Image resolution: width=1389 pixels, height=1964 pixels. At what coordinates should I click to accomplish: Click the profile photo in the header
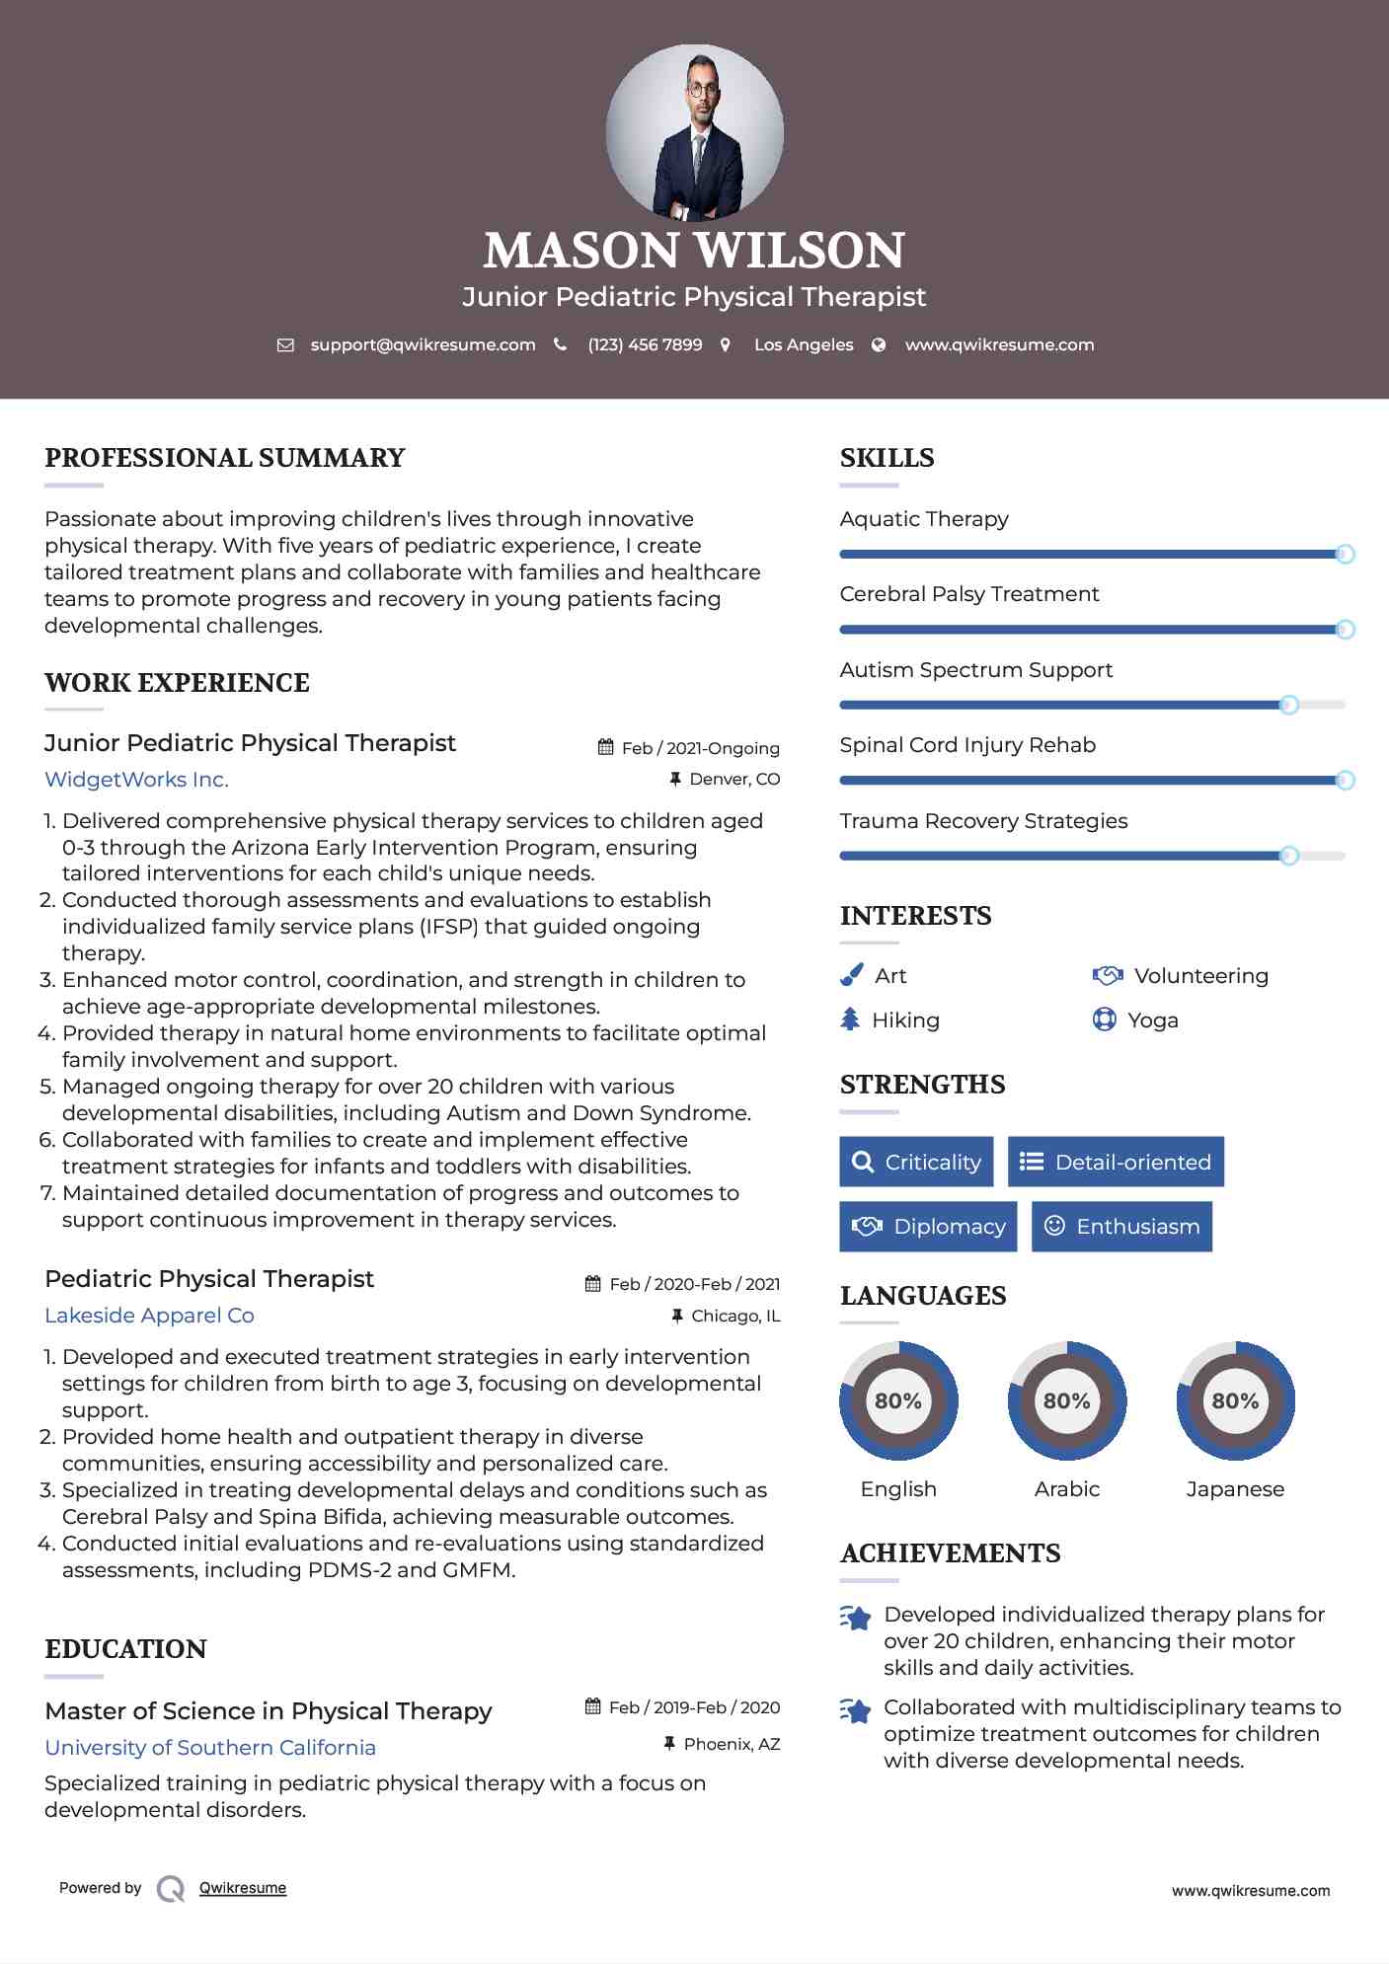click(x=694, y=132)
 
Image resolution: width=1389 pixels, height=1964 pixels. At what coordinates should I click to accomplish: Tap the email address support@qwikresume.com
click(x=423, y=344)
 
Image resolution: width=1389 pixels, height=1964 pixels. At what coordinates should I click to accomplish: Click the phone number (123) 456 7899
click(x=645, y=344)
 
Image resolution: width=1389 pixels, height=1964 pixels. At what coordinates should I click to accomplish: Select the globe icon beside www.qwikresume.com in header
click(x=879, y=344)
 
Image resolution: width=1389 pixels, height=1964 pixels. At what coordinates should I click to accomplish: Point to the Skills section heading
click(x=887, y=458)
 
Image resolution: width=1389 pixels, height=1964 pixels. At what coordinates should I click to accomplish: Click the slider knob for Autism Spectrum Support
click(x=1288, y=705)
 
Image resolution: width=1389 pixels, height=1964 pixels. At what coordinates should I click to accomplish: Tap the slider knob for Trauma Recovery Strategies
click(x=1288, y=856)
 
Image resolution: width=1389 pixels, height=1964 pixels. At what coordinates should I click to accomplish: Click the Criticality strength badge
click(x=916, y=1162)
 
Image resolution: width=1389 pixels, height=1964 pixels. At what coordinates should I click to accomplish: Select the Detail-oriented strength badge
click(x=1116, y=1162)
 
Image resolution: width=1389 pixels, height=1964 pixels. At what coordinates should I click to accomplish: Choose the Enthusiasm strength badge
click(x=1121, y=1226)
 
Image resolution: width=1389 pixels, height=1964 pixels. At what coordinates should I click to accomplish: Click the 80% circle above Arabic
click(x=1066, y=1400)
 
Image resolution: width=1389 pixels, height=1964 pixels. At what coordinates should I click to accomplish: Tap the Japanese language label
click(x=1235, y=1488)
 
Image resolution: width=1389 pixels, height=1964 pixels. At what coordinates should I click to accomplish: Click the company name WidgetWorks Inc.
click(x=136, y=780)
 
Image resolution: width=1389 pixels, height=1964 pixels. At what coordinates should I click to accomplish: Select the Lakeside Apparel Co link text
click(x=149, y=1316)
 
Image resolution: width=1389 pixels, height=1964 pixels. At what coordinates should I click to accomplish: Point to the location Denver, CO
click(x=733, y=779)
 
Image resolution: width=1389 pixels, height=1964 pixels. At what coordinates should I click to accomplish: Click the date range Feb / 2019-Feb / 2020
click(x=694, y=1707)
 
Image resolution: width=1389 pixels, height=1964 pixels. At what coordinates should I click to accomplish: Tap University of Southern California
click(x=210, y=1747)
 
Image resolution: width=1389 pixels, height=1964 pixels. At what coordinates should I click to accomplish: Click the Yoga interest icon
click(x=1104, y=1020)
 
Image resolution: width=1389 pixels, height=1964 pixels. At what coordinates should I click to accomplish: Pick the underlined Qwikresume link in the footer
click(x=243, y=1888)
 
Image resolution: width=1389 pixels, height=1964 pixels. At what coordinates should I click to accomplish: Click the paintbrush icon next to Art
click(x=851, y=975)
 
